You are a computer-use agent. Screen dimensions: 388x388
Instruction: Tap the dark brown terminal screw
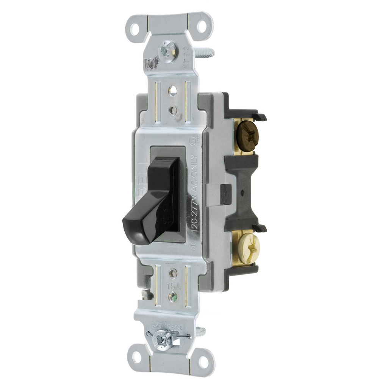(247, 135)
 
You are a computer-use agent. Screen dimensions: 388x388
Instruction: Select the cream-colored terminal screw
(248, 248)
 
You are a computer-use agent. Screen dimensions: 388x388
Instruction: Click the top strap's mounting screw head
(167, 49)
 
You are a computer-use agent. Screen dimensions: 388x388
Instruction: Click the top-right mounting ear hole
(202, 26)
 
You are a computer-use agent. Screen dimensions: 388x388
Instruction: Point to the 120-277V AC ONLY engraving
(195, 193)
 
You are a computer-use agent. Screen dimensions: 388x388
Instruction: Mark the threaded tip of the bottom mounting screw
(201, 332)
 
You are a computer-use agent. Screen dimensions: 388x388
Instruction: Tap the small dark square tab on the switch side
(226, 194)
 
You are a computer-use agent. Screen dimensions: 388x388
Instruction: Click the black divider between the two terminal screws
(242, 191)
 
